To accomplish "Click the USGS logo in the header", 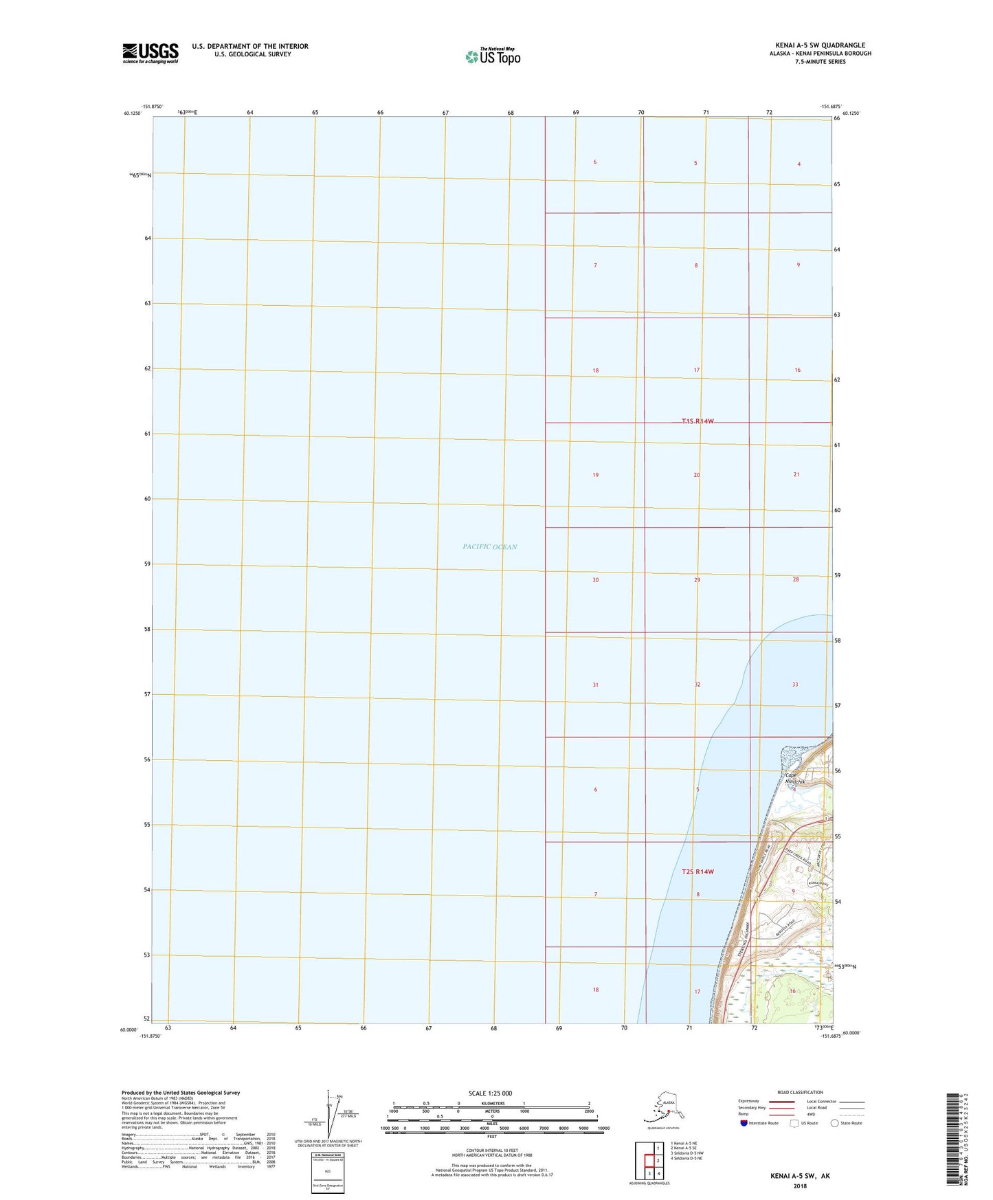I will pyautogui.click(x=150, y=53).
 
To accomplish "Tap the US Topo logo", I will pyautogui.click(x=492, y=56).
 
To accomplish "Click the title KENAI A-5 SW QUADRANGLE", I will pyautogui.click(x=820, y=45).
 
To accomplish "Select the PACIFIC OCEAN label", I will pyautogui.click(x=489, y=547).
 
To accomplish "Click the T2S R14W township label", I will pyautogui.click(x=698, y=871).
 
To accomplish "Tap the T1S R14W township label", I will pyautogui.click(x=698, y=421).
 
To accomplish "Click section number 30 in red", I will pyautogui.click(x=595, y=580).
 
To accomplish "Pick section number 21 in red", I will pyautogui.click(x=796, y=474).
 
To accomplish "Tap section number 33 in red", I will pyautogui.click(x=795, y=685).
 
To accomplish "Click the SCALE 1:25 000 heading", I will pyautogui.click(x=491, y=1093).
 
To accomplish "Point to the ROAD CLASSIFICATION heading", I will pyautogui.click(x=800, y=1092).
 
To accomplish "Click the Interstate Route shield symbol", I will pyautogui.click(x=744, y=1123).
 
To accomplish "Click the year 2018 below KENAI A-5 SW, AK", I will pyautogui.click(x=800, y=1186).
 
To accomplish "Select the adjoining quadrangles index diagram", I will pyautogui.click(x=649, y=1159).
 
